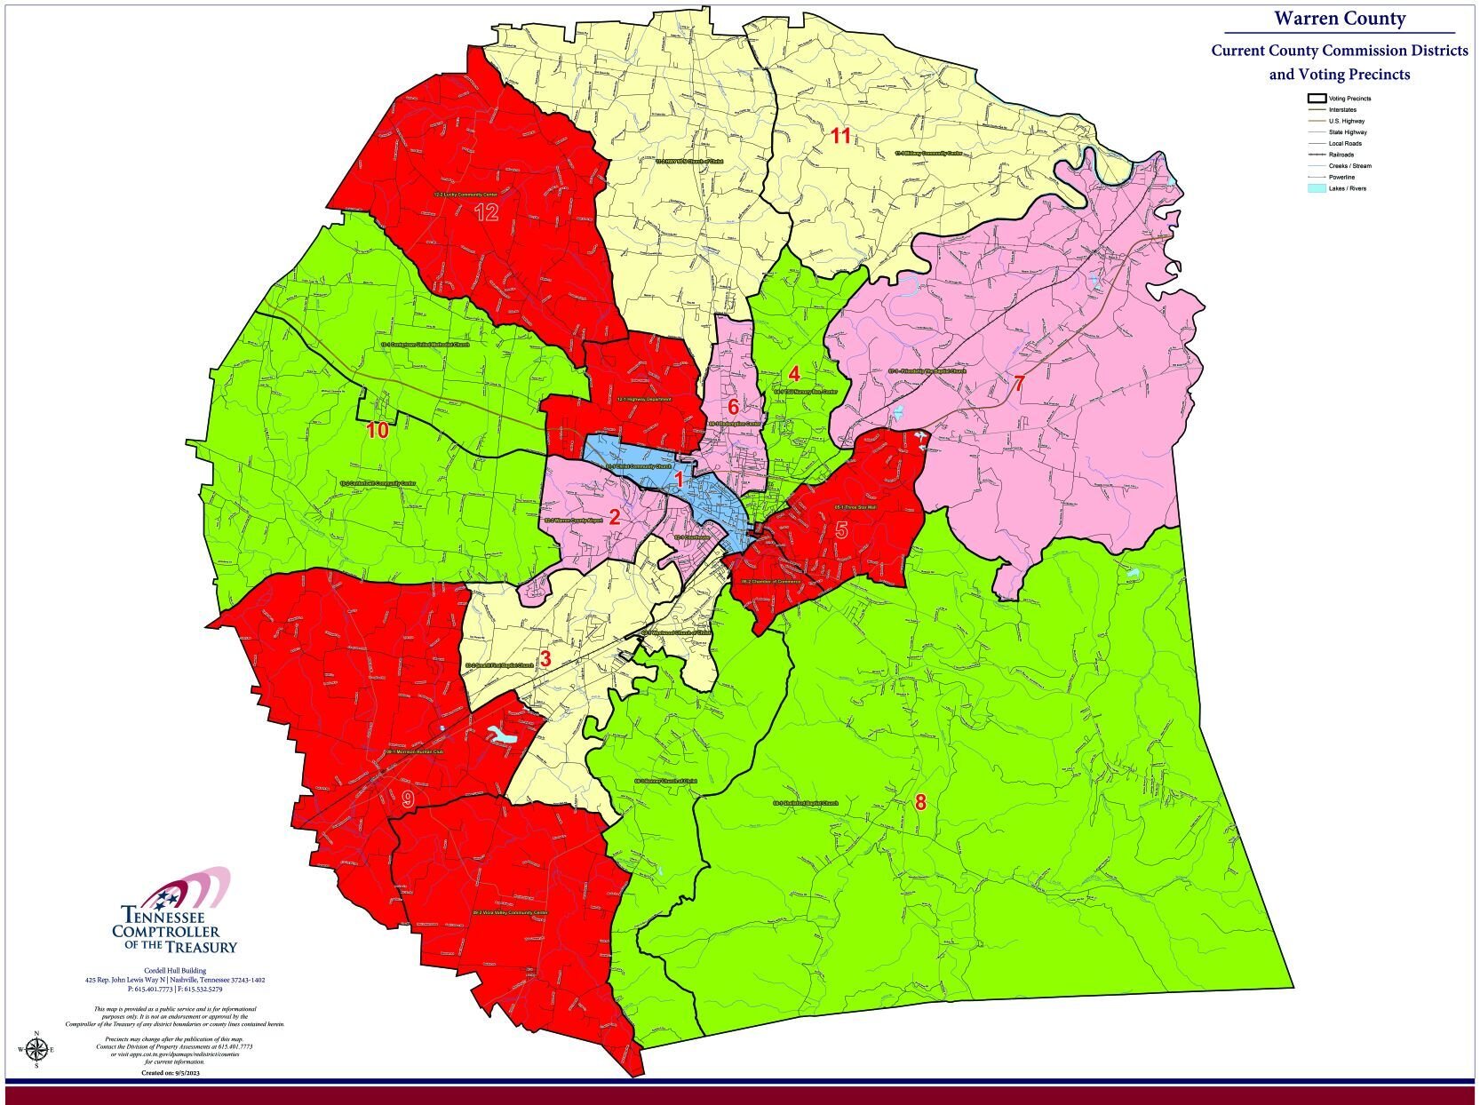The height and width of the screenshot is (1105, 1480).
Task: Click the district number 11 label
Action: coord(840,136)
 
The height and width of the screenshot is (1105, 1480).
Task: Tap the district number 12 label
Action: coord(486,212)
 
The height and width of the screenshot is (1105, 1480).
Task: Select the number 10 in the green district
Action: coord(378,431)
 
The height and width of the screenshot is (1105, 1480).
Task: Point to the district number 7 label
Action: coord(1019,384)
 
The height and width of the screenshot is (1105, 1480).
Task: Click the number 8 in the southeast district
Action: coord(920,803)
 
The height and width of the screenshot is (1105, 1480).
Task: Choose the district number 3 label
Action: coord(545,659)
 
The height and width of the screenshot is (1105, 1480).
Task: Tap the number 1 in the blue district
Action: coord(679,480)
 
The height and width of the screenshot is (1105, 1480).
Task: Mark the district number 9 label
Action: coord(408,799)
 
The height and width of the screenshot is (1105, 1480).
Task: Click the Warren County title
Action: coord(1340,19)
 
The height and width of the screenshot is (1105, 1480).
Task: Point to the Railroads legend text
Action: coord(1345,155)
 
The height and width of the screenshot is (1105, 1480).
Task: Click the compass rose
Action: coord(36,1050)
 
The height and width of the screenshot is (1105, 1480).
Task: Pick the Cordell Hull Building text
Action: coord(175,970)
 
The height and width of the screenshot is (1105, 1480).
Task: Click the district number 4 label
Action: coord(794,373)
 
